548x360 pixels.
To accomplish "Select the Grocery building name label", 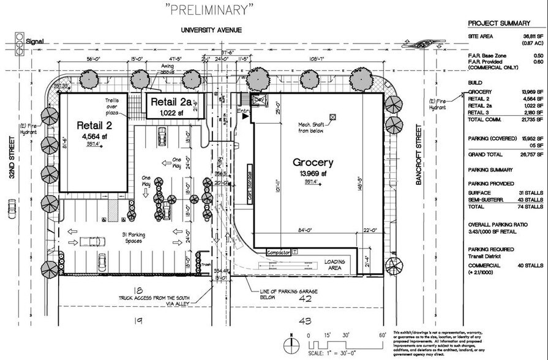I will [312, 163].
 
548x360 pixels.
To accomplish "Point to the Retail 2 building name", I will [96, 126].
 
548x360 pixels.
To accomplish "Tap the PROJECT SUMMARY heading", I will [498, 23].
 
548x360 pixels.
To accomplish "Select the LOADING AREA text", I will [335, 265].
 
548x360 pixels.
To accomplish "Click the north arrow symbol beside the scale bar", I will [291, 340].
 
